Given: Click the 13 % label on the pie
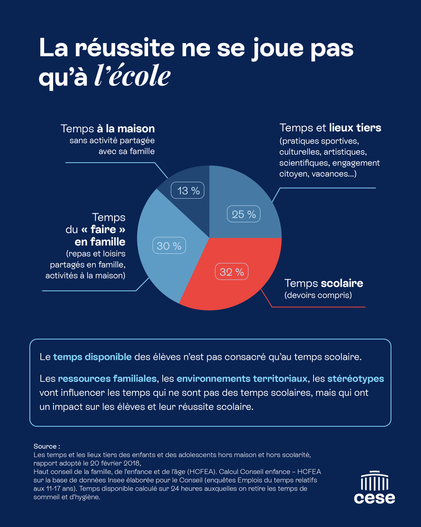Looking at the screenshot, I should click(189, 191).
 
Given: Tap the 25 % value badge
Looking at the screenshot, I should click(244, 214).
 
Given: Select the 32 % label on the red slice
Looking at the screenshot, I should click(232, 272).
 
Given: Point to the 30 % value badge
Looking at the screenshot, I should click(169, 246).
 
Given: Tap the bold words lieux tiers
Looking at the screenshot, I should click(355, 128).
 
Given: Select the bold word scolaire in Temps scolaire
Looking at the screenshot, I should click(342, 283).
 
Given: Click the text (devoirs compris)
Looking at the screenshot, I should click(318, 296).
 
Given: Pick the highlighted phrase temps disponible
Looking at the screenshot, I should click(92, 357).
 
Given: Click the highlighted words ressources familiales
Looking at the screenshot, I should click(107, 378).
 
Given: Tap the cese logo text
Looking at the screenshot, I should click(375, 498).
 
